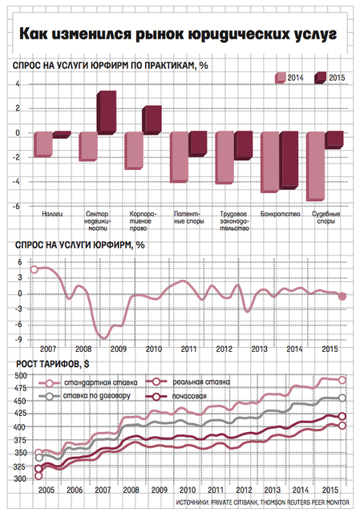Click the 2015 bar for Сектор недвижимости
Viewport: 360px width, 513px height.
107,112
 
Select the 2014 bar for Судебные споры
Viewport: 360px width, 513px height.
316,166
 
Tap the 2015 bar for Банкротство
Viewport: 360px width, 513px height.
289,160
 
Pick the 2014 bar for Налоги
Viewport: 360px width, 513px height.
43,144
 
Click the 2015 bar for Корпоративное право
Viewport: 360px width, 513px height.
152,120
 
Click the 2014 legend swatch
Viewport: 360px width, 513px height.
280,78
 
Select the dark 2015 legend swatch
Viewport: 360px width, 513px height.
320,78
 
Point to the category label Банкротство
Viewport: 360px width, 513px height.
281,214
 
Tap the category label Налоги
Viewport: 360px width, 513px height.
52,214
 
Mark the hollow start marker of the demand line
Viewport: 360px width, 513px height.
34,269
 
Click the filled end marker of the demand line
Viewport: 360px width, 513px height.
342,297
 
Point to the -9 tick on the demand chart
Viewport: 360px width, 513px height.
18,340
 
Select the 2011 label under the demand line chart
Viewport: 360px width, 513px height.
188,349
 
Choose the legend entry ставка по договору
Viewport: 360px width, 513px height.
84,396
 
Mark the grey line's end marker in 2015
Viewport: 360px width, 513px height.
342,398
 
